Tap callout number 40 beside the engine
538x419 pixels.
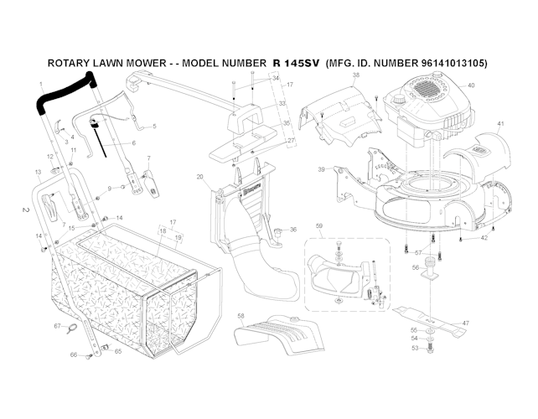coord(471,85)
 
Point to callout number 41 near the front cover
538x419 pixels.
coord(500,124)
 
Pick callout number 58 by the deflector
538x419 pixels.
coord(241,316)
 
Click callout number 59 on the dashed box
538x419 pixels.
coord(318,225)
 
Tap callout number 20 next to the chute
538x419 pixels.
coord(199,177)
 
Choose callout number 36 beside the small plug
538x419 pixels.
coord(292,230)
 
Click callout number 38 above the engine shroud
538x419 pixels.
coord(355,75)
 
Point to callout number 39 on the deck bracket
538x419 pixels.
coord(322,169)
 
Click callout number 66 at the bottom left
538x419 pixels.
coord(74,355)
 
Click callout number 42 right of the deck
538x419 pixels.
coord(484,238)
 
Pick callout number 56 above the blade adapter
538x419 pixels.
coord(415,267)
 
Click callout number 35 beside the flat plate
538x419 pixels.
coord(286,123)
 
